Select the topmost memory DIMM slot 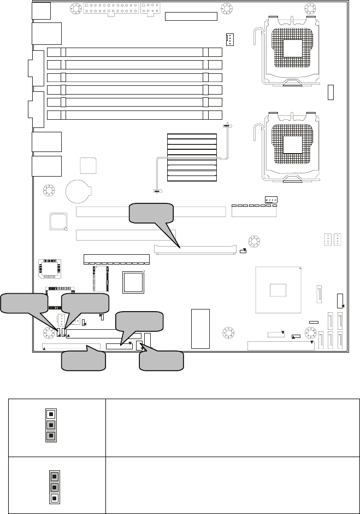(x=135, y=53)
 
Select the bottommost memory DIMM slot (x=135, y=115)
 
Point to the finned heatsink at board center (x=192, y=157)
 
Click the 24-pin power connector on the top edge (x=107, y=9)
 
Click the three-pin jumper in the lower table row (x=54, y=484)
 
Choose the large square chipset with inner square (x=278, y=289)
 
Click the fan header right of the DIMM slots (x=229, y=39)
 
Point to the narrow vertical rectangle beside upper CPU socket (x=331, y=92)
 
